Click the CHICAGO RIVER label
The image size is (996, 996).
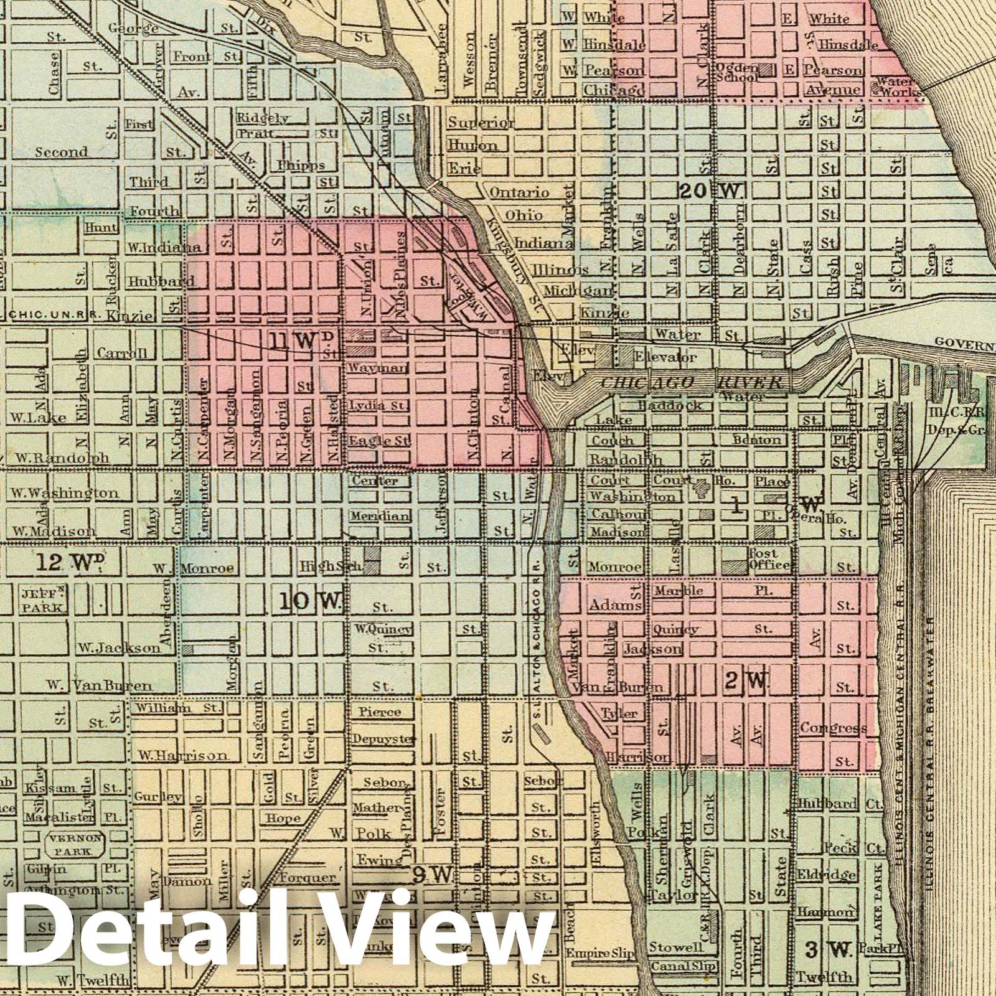(x=691, y=383)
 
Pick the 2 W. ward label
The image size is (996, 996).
(x=746, y=682)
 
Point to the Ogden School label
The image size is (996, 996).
(x=738, y=72)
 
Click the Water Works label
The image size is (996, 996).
(x=896, y=87)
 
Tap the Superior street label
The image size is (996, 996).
(x=481, y=123)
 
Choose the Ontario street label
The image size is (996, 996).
(x=519, y=193)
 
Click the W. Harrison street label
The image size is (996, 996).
(x=182, y=756)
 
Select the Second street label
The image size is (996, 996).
(x=61, y=152)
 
